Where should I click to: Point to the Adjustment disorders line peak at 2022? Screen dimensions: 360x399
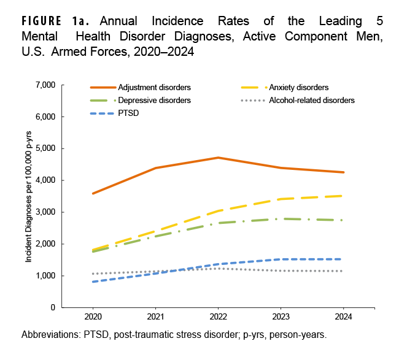218,158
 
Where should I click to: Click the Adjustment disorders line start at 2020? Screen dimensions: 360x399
93,193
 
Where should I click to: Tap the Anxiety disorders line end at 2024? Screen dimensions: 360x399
343,196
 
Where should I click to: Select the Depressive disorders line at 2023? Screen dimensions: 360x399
281,219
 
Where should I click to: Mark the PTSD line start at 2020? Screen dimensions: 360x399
93,281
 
